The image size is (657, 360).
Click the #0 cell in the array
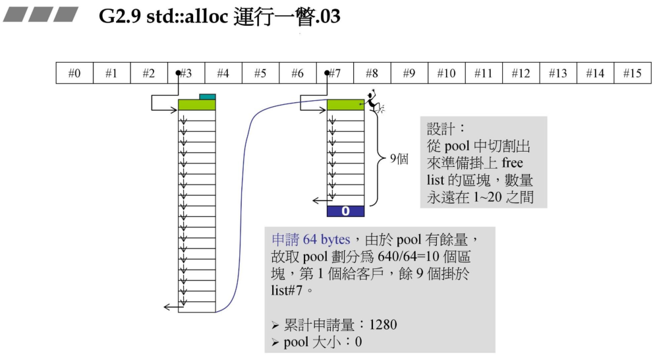pos(74,73)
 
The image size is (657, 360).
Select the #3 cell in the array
pos(186,73)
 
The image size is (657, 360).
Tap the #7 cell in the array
pos(335,73)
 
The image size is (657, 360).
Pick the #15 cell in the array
pos(632,73)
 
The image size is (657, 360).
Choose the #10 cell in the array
pos(446,73)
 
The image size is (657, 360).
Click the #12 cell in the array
pos(521,73)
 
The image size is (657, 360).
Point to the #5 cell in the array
pos(260,73)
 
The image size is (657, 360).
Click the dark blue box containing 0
pos(345,211)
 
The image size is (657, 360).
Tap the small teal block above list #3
pos(207,97)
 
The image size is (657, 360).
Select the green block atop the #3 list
pos(196,105)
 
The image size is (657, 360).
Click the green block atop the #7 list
pos(345,105)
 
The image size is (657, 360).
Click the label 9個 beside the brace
pos(399,159)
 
